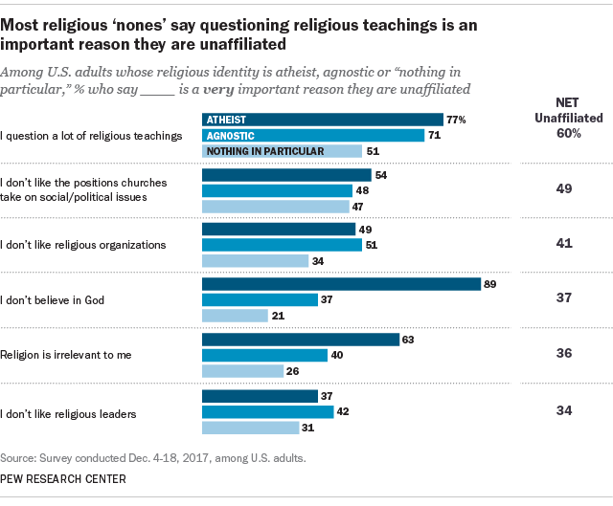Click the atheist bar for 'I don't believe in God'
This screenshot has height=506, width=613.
point(340,284)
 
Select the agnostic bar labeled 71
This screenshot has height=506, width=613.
point(312,136)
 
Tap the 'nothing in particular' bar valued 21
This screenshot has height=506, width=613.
point(234,316)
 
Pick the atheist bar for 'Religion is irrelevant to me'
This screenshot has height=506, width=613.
point(300,340)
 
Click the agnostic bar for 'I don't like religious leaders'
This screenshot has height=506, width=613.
point(266,411)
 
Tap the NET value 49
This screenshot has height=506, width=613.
point(565,188)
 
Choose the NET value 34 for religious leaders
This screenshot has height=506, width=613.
point(565,411)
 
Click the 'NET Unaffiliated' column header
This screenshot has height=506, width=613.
point(565,109)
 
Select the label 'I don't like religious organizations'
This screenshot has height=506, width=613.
point(84,245)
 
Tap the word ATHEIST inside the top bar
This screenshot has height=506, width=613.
point(227,120)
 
